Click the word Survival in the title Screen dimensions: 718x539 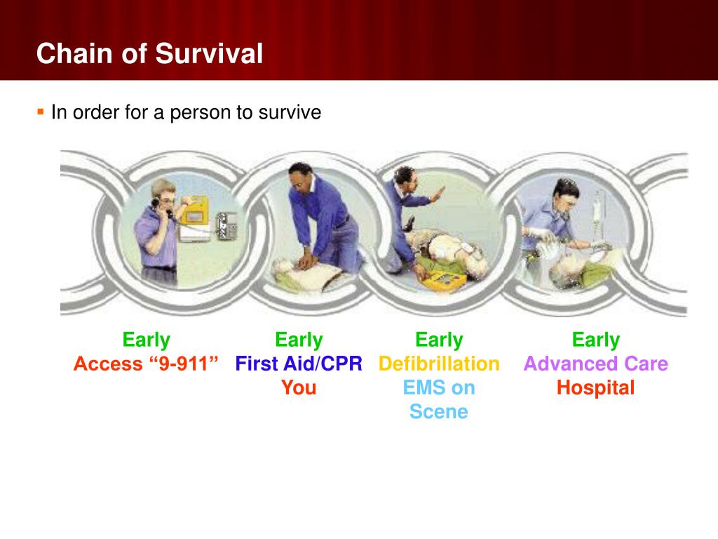pyautogui.click(x=209, y=53)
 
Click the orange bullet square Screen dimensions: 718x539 pyautogui.click(x=41, y=112)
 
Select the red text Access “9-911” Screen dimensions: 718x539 pyautogui.click(x=146, y=364)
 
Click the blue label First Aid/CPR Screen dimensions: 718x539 pyautogui.click(x=299, y=364)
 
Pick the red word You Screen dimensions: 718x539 pyautogui.click(x=299, y=387)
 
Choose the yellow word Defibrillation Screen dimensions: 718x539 pyautogui.click(x=439, y=364)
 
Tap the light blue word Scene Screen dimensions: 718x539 pyautogui.click(x=439, y=411)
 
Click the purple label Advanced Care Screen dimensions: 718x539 pyautogui.click(x=596, y=364)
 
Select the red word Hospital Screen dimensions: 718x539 pyautogui.click(x=596, y=387)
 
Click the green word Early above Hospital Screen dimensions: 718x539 pyautogui.click(x=596, y=340)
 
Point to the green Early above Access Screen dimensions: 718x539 pyautogui.click(x=146, y=340)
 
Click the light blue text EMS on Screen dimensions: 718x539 pyautogui.click(x=439, y=387)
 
